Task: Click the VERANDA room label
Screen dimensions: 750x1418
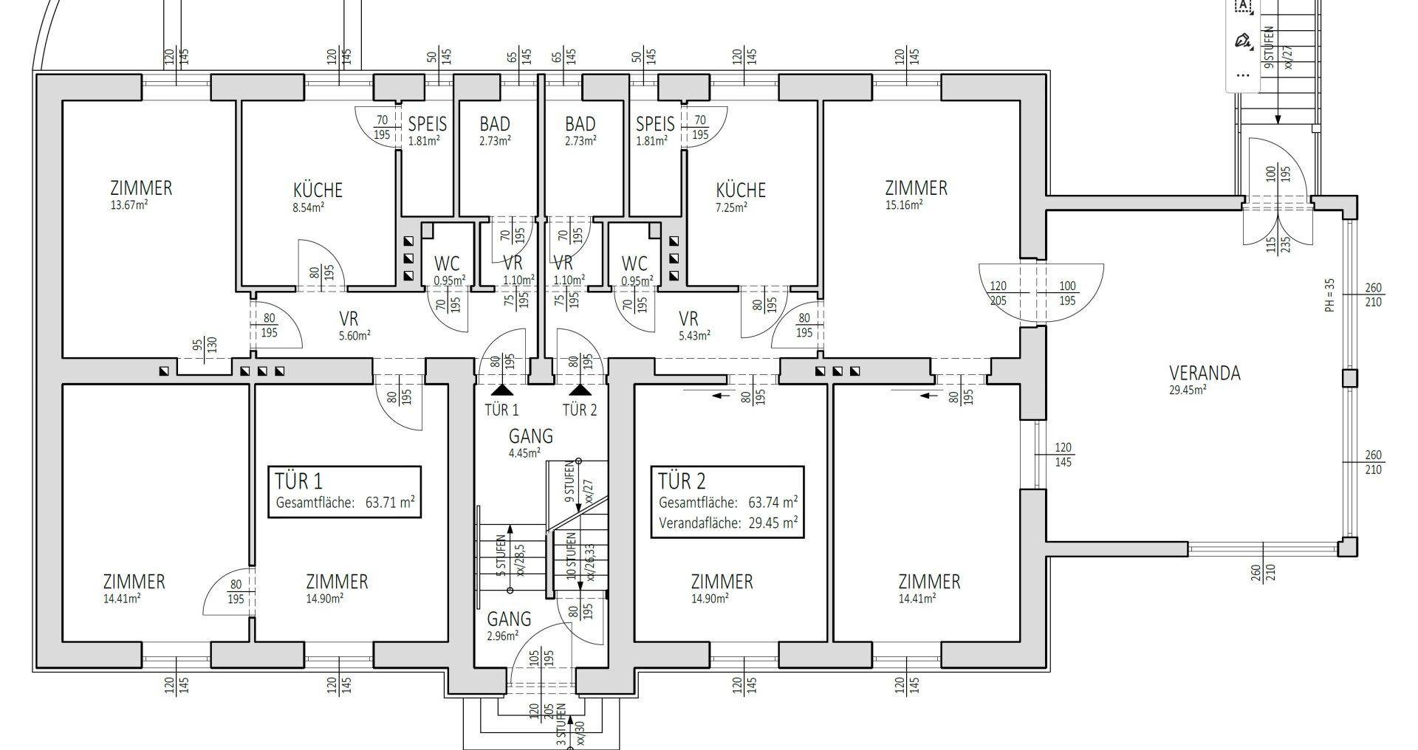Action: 1205,373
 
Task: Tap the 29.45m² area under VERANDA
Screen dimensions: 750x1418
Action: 1188,390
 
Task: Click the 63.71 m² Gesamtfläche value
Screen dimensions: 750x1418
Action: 390,503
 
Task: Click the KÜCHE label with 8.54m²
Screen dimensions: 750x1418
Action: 318,190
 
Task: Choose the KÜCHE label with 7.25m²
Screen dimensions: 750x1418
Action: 741,190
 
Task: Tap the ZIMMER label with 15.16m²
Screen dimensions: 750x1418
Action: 916,187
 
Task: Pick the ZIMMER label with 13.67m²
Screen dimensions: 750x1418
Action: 141,187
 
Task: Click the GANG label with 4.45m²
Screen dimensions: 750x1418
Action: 530,436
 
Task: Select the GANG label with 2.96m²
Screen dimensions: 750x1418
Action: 508,619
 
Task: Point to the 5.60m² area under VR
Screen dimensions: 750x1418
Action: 354,334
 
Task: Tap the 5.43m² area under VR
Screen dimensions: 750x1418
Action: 694,334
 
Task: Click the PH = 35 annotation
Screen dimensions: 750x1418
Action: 1329,295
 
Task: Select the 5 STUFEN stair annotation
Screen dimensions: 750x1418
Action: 501,555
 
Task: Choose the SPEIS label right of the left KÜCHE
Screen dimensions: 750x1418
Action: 427,123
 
